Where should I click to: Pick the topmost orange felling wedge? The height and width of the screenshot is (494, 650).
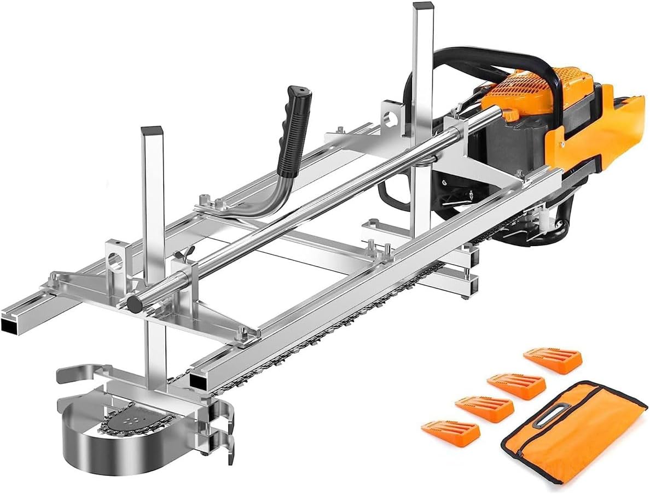pyautogui.click(x=553, y=361)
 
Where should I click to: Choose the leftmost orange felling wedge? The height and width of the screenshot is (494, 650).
pyautogui.click(x=450, y=432)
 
